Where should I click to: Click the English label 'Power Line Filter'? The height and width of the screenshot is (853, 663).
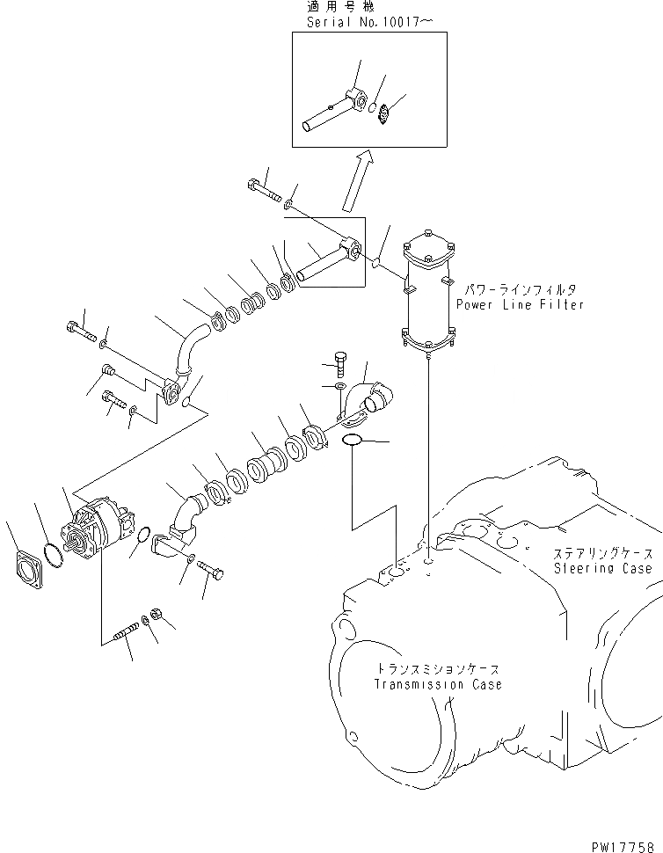[520, 305]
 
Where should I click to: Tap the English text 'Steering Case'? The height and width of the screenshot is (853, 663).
[603, 568]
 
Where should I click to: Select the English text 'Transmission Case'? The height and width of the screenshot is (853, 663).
[438, 684]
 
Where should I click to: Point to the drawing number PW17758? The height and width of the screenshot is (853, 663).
[624, 842]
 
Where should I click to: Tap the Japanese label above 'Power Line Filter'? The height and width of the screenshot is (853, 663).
[520, 288]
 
